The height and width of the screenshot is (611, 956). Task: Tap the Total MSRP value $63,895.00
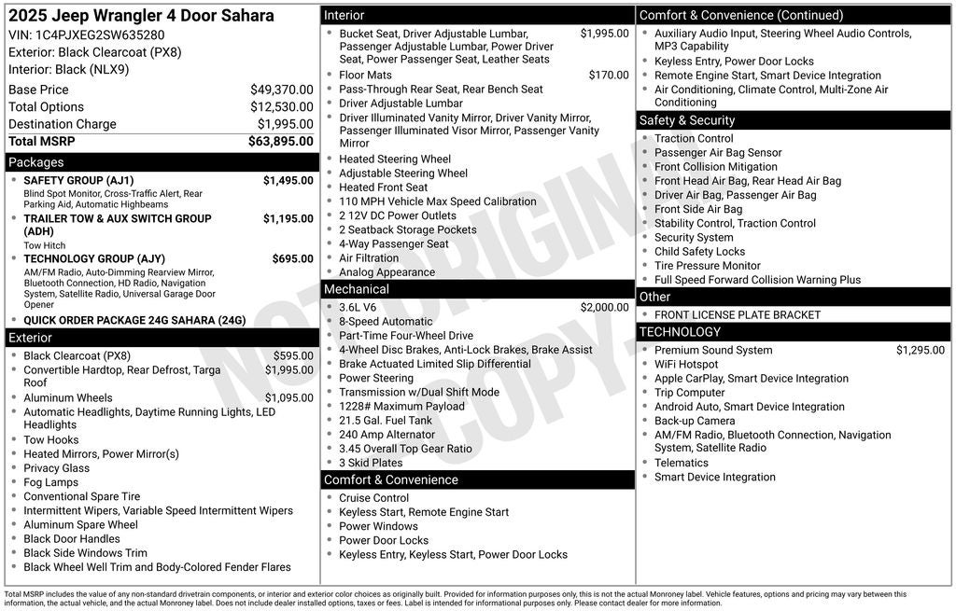pyautogui.click(x=280, y=142)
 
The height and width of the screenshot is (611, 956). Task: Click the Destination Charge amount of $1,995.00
pyautogui.click(x=285, y=124)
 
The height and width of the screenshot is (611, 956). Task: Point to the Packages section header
pyautogui.click(x=36, y=162)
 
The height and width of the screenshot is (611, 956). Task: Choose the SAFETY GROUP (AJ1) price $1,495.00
pyautogui.click(x=288, y=181)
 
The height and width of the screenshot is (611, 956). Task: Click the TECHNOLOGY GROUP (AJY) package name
pyautogui.click(x=93, y=259)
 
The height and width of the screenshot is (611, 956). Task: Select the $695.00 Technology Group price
pyautogui.click(x=292, y=259)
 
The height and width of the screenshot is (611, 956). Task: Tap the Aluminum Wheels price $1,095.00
pyautogui.click(x=288, y=398)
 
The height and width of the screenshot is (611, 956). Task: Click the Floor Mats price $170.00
pyautogui.click(x=609, y=76)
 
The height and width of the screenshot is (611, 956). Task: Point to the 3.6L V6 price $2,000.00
pyautogui.click(x=604, y=308)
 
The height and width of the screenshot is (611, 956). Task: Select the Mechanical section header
pyautogui.click(x=357, y=289)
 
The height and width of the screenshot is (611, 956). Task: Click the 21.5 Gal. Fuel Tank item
pyautogui.click(x=386, y=421)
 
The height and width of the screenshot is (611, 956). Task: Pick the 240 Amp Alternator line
pyautogui.click(x=387, y=435)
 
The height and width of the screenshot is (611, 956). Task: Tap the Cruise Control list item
pyautogui.click(x=373, y=498)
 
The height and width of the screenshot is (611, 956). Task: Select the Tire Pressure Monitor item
pyautogui.click(x=707, y=266)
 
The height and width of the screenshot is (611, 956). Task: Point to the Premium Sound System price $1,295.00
pyautogui.click(x=920, y=351)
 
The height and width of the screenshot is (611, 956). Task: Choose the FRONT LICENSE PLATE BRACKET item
pyautogui.click(x=737, y=315)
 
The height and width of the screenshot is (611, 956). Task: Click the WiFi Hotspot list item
pyautogui.click(x=686, y=365)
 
